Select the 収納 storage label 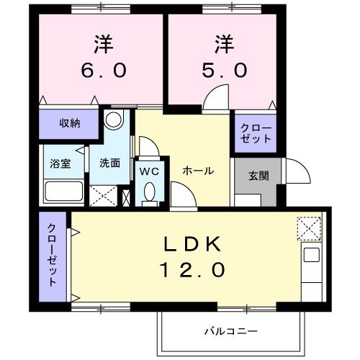pyautogui.click(x=69, y=122)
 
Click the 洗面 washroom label pyautogui.click(x=109, y=163)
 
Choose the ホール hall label pyautogui.click(x=197, y=171)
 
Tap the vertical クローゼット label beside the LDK pyautogui.click(x=53, y=255)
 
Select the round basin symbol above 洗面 pyautogui.click(x=113, y=120)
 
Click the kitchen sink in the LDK pyautogui.click(x=311, y=255)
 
